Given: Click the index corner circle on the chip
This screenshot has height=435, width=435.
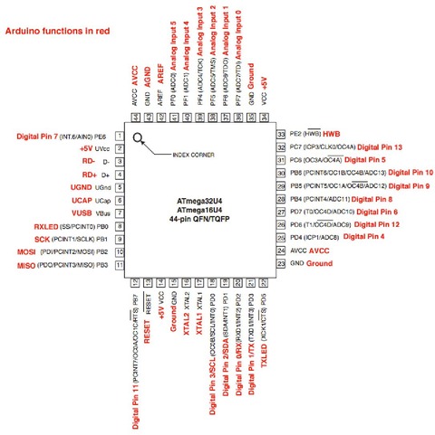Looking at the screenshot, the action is tap(138, 138).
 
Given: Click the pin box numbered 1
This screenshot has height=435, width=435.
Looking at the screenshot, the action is tap(119, 136).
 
